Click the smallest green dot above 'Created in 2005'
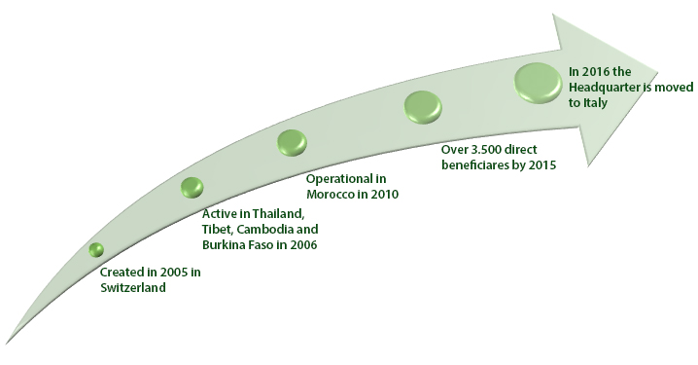pos(96,249)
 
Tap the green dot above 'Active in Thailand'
pos(192,187)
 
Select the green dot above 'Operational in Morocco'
pos(292,143)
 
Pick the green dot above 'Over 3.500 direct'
pos(423,107)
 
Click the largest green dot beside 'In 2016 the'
pos(539,83)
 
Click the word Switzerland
pos(133,288)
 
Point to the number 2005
pos(175,272)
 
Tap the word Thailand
pos(278,214)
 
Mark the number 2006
pos(303,245)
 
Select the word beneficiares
pos(477,164)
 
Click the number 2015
pos(542,164)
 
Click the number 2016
pos(596,72)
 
